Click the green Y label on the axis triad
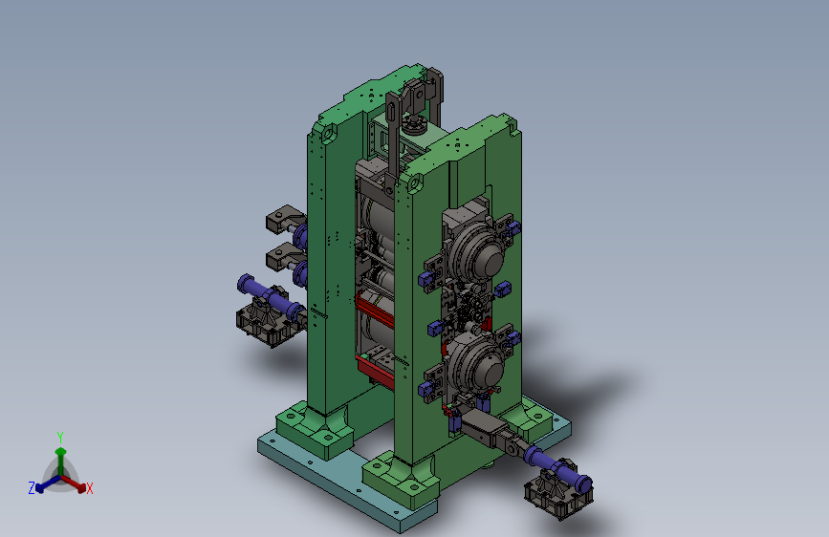[x=60, y=438]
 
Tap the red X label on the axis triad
[x=90, y=489]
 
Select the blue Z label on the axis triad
[x=32, y=488]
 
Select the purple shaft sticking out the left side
[x=270, y=298]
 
